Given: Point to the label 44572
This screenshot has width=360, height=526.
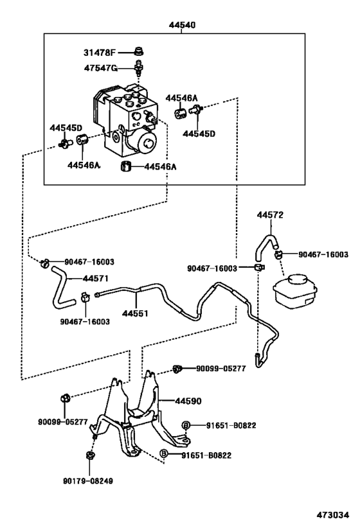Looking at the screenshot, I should pyautogui.click(x=270, y=215).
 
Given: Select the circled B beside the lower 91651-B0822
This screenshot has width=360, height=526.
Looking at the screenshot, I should pyautogui.click(x=164, y=454).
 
